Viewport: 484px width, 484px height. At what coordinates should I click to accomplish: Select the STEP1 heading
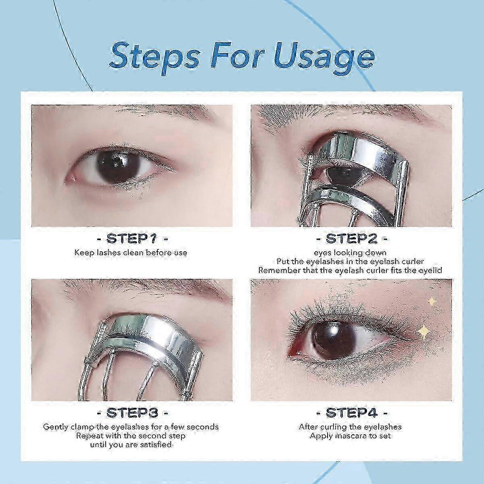click(x=132, y=238)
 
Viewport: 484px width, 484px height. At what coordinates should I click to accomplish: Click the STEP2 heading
click(x=351, y=238)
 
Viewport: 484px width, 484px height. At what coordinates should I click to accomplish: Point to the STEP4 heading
click(x=352, y=413)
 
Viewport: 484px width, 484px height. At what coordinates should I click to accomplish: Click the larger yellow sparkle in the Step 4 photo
click(x=424, y=332)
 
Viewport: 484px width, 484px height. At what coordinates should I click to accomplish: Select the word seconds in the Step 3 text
click(x=202, y=427)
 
